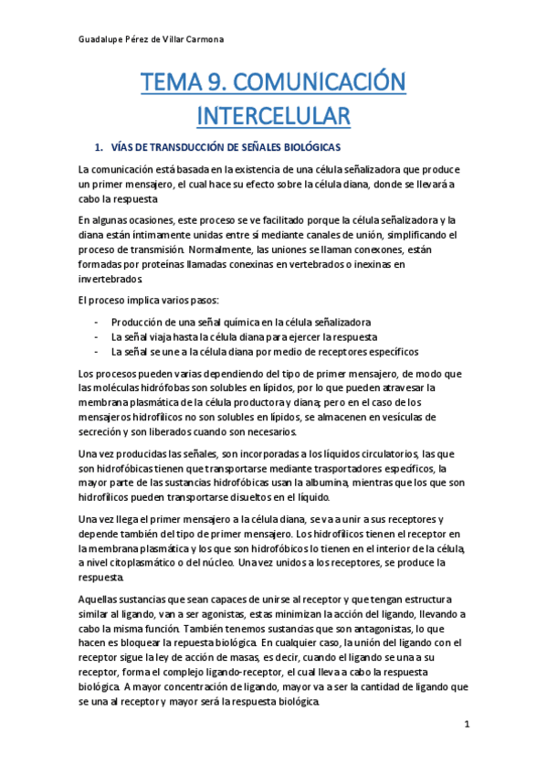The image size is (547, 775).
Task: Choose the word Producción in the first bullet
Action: coord(139,323)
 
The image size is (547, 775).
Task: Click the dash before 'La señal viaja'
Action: coord(97,337)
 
